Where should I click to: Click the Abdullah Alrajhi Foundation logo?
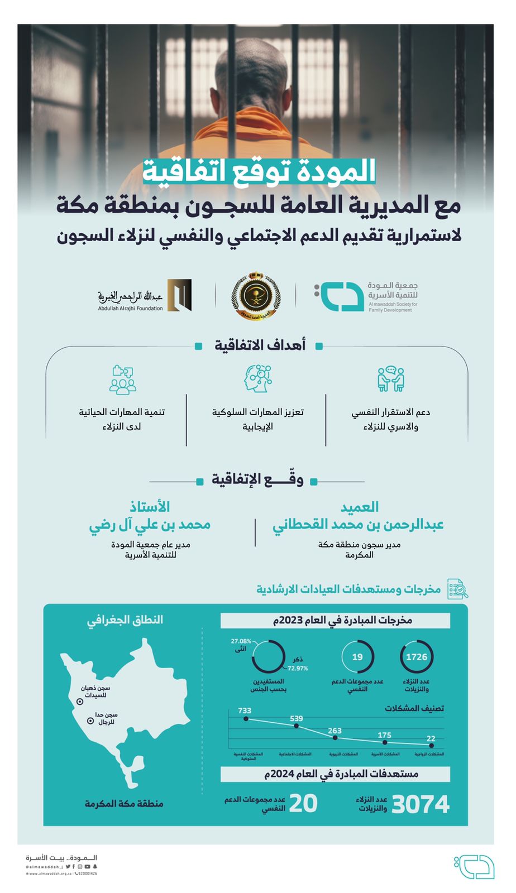[145, 296]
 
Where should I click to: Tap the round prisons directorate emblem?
[255, 296]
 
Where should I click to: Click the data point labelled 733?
[246, 719]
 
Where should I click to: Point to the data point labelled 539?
[297, 726]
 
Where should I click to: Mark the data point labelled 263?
[335, 738]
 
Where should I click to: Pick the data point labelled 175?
[385, 742]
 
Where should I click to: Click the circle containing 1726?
[417, 657]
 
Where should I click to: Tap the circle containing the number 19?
[357, 657]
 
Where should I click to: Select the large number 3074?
[421, 805]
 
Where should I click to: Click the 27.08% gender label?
[241, 641]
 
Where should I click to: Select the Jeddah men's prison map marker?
[90, 721]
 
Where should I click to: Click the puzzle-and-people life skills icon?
[122, 380]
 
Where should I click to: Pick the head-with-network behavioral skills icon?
[257, 379]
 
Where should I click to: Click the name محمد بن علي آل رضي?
[150, 525]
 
